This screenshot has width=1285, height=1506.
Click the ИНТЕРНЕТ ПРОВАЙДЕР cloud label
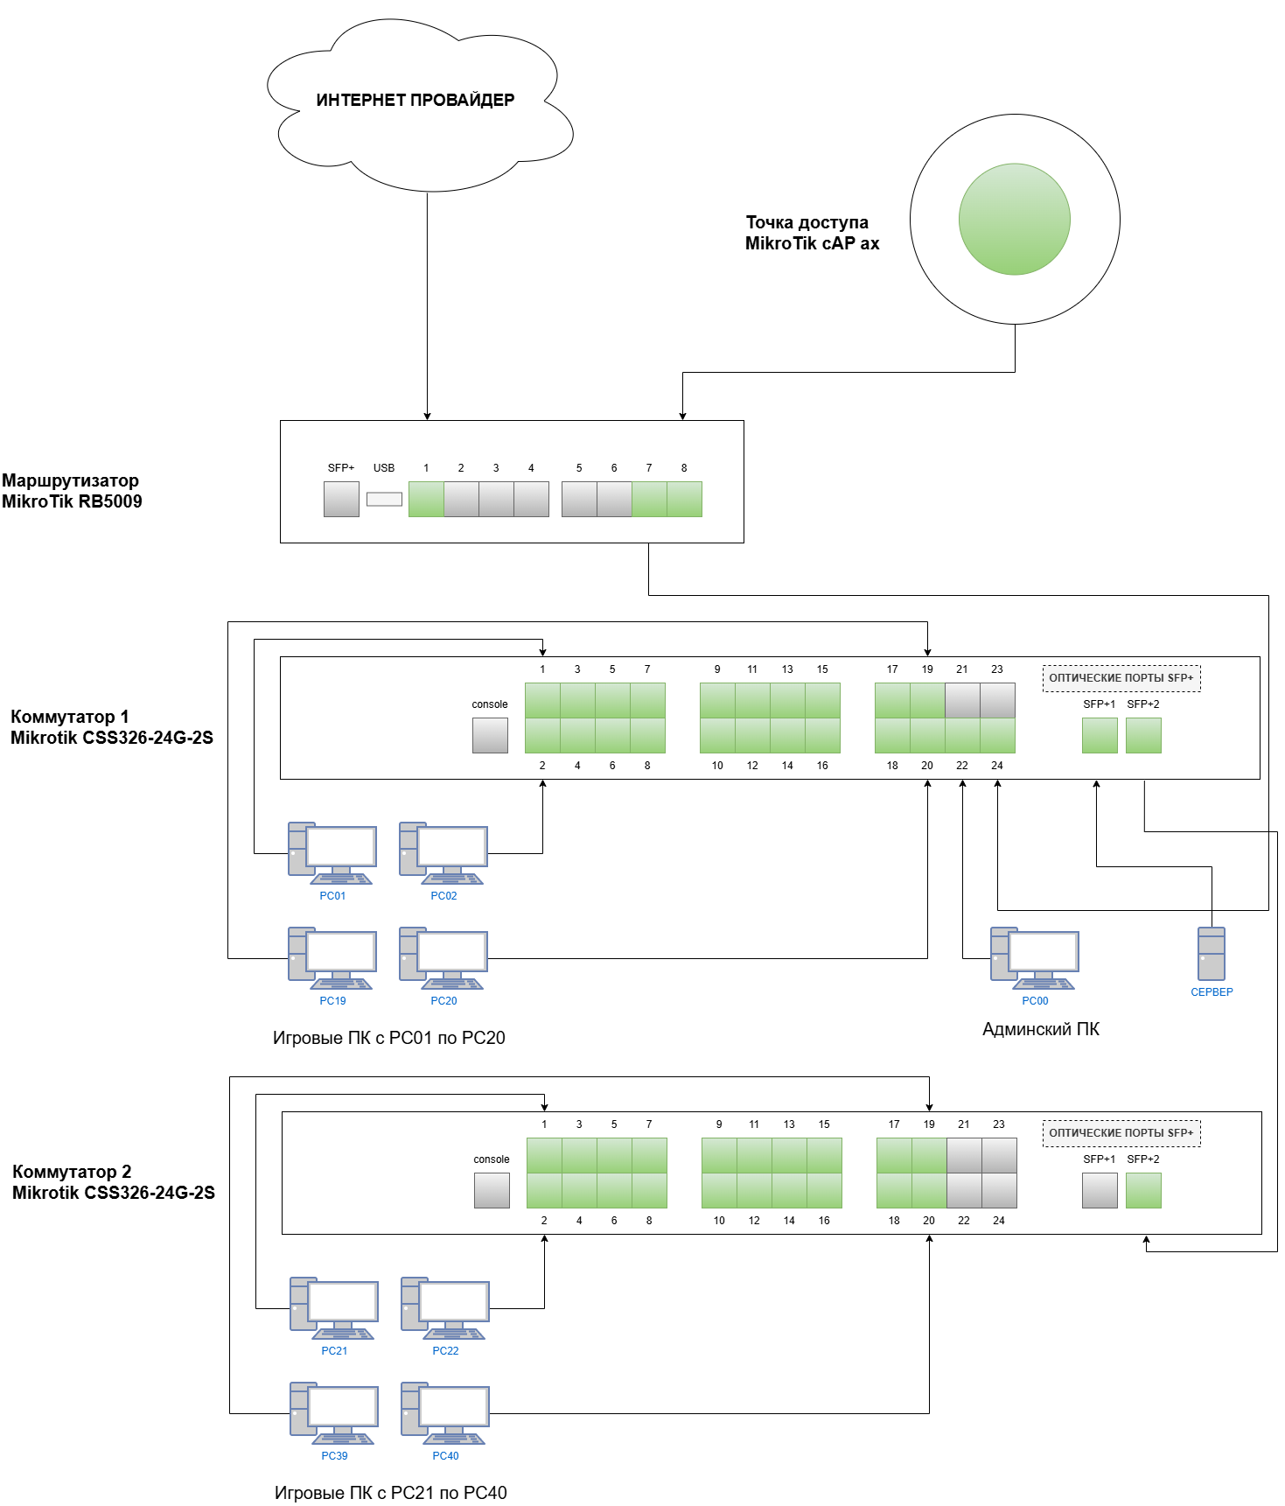tap(415, 100)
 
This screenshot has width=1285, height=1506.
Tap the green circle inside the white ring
tap(1015, 220)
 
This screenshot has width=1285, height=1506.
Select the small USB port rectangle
tap(384, 500)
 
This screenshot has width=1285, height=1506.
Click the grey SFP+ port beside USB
tap(341, 500)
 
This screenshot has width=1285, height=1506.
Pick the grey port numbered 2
tap(461, 500)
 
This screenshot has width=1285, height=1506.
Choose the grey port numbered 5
tap(579, 500)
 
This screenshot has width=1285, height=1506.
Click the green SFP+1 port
tap(1100, 735)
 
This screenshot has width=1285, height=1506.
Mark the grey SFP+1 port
tap(1100, 1190)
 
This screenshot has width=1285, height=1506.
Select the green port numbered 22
tap(962, 735)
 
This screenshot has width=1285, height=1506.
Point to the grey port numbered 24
tap(999, 1190)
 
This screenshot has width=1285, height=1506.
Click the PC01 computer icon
tap(332, 853)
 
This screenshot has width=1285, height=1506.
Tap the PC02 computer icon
tap(443, 853)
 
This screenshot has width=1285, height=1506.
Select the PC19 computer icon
tap(332, 958)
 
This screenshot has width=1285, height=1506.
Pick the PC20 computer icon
tap(443, 958)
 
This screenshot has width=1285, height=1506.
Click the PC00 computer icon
tap(1035, 958)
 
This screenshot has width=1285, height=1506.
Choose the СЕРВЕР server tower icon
tap(1212, 954)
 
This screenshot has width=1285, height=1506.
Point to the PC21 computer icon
tap(334, 1308)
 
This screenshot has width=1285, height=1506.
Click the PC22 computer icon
tap(445, 1308)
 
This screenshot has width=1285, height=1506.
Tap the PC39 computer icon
tap(334, 1413)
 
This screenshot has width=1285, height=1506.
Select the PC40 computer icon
tap(445, 1413)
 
